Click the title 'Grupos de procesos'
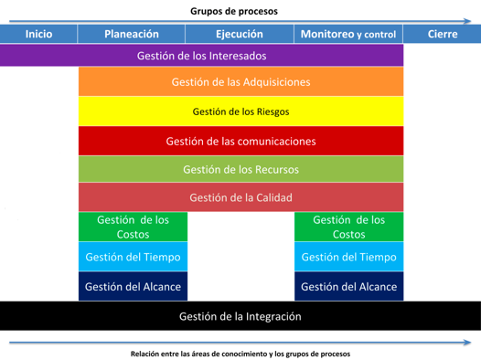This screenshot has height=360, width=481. pyautogui.click(x=234, y=11)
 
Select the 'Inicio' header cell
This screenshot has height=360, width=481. pyautogui.click(x=38, y=34)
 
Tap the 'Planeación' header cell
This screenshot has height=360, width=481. pyautogui.click(x=132, y=34)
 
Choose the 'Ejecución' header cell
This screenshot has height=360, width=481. pyautogui.click(x=240, y=34)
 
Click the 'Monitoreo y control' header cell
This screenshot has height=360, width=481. pyautogui.click(x=348, y=34)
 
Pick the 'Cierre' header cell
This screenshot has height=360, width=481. pyautogui.click(x=443, y=34)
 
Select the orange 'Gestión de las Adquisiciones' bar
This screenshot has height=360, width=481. pyautogui.click(x=240, y=81)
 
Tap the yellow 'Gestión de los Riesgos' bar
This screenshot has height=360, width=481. pyautogui.click(x=240, y=111)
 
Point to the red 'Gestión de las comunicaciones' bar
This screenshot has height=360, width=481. pyautogui.click(x=240, y=142)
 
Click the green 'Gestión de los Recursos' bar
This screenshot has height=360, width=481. pyautogui.click(x=240, y=169)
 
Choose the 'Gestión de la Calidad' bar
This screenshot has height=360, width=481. pyautogui.click(x=240, y=197)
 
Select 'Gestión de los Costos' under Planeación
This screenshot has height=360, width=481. pyautogui.click(x=133, y=227)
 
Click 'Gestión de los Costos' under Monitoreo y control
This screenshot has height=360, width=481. pyautogui.click(x=348, y=227)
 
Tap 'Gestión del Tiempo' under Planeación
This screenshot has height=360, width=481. pyautogui.click(x=133, y=258)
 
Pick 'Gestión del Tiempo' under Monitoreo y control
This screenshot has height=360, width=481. pyautogui.click(x=348, y=258)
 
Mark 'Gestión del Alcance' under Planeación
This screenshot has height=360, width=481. pyautogui.click(x=133, y=287)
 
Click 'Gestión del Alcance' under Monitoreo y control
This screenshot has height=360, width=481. pyautogui.click(x=348, y=287)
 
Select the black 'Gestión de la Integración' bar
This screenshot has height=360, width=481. pyautogui.click(x=240, y=317)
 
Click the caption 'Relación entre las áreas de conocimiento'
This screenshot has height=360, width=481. pyautogui.click(x=201, y=353)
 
